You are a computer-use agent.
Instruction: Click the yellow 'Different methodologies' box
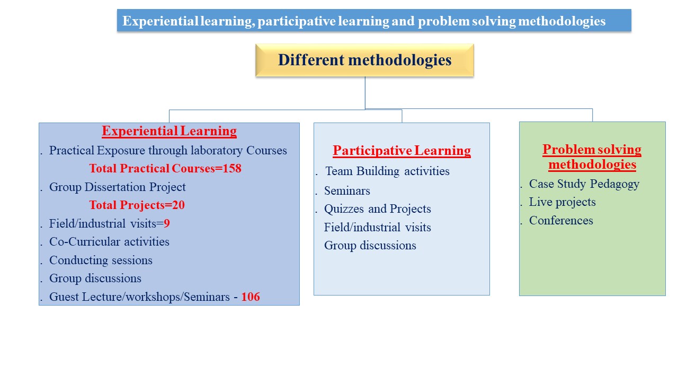point(365,60)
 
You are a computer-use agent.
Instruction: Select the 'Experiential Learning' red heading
point(169,131)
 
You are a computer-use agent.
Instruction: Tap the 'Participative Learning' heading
point(402,151)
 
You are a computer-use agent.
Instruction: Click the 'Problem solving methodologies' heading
point(592,157)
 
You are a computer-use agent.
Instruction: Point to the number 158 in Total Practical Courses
point(232,169)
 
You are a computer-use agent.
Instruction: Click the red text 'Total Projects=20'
point(137,205)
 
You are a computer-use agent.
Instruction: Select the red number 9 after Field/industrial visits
point(167,224)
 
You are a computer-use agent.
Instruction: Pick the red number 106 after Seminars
point(251,297)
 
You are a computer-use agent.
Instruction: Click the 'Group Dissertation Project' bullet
point(118,187)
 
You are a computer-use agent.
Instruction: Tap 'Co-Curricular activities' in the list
point(109,242)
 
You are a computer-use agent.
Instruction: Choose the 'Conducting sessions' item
point(101,261)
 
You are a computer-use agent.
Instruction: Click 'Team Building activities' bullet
point(387,171)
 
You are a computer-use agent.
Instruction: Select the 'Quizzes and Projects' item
point(378,209)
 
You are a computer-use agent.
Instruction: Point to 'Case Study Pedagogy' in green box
point(584,184)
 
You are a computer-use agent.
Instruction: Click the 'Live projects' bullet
point(563,203)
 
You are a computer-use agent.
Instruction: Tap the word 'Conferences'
point(561,221)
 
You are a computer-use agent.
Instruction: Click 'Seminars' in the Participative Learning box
point(347,191)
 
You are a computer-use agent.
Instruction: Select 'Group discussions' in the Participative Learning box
point(370,246)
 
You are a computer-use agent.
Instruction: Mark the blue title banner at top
point(374,20)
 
